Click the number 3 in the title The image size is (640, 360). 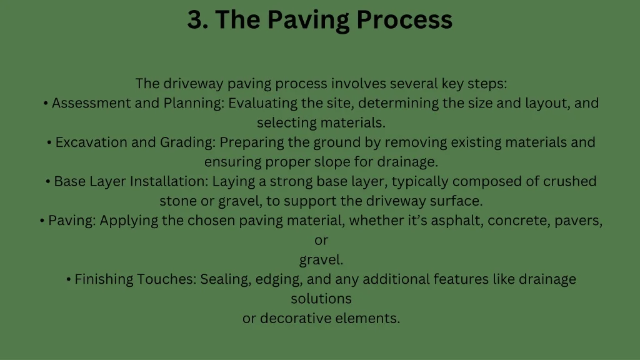tap(195, 20)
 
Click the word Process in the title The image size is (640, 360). tap(404, 20)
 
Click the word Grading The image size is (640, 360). tap(187, 142)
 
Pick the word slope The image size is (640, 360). tap(337, 162)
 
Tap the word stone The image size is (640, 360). tap(177, 201)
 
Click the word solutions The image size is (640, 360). tap(321, 299)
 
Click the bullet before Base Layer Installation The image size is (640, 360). tap(48, 182)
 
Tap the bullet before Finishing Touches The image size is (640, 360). tap(68, 279)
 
